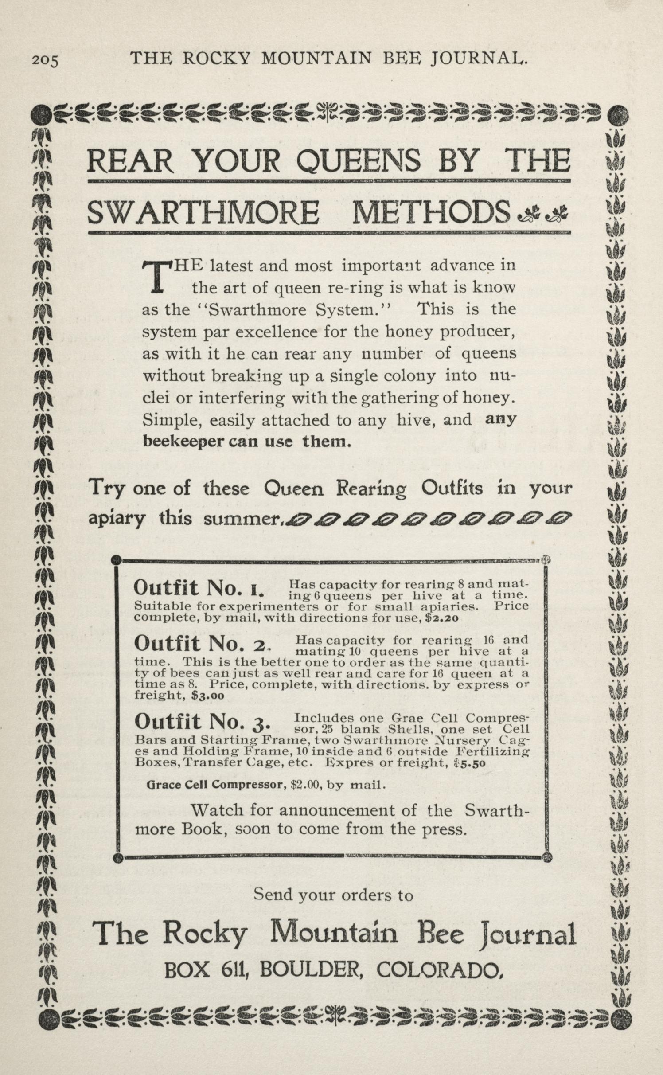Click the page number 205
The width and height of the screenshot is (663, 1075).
tap(45, 60)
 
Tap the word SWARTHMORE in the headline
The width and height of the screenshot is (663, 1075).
tap(203, 213)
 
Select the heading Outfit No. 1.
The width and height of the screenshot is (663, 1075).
tap(198, 588)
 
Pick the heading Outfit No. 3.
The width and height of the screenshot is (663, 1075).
tap(202, 723)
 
